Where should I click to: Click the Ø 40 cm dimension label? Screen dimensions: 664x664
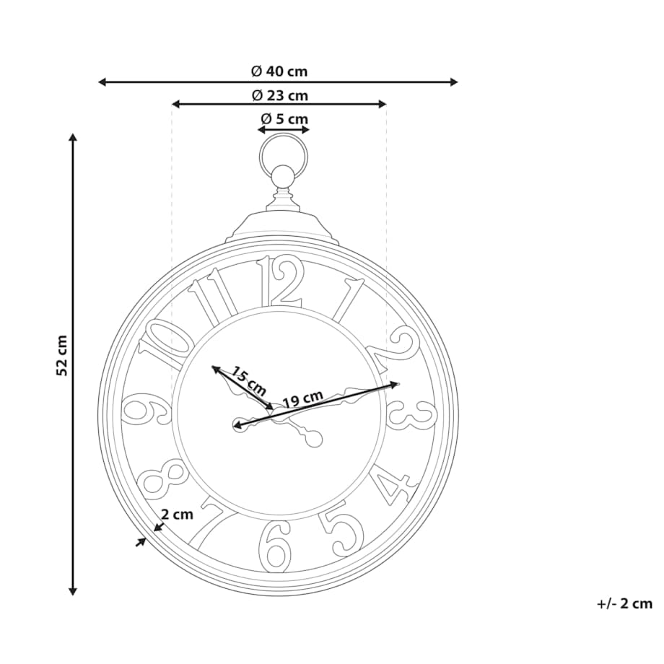pos(279,71)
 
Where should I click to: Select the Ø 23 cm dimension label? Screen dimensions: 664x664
pos(280,95)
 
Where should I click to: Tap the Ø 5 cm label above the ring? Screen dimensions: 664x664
pos(284,118)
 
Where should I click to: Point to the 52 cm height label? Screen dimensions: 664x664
pos(62,355)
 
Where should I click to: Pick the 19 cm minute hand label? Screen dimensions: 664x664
pos(302,398)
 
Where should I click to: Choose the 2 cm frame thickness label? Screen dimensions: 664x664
pos(177,514)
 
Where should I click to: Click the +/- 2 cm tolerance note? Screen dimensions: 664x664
pos(624,603)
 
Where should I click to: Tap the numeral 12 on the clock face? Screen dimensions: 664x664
pos(280,281)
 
